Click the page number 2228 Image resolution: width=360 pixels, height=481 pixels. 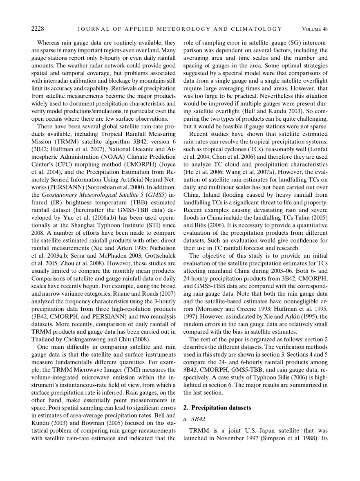click(x=38, y=29)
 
